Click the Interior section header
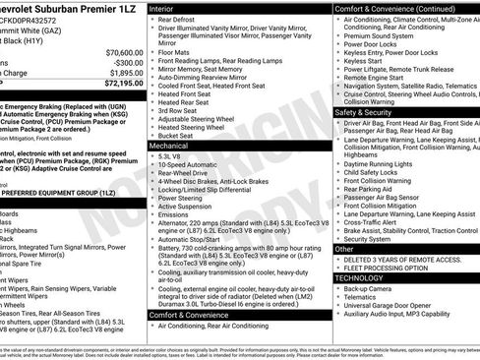coord(163,7)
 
